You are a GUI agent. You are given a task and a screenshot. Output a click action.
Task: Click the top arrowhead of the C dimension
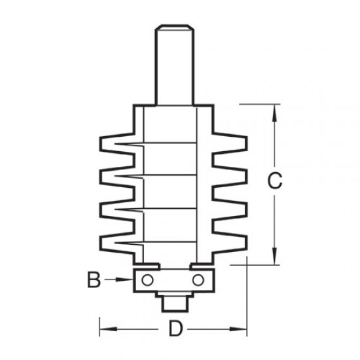click(x=276, y=109)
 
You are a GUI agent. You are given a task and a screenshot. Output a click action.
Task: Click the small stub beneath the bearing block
click(x=173, y=302)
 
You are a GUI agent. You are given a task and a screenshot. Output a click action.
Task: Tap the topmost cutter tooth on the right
click(x=234, y=143)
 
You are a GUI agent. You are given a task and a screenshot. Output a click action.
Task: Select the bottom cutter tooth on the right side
click(x=234, y=243)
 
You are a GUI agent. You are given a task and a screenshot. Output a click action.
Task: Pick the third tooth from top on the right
click(x=234, y=209)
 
